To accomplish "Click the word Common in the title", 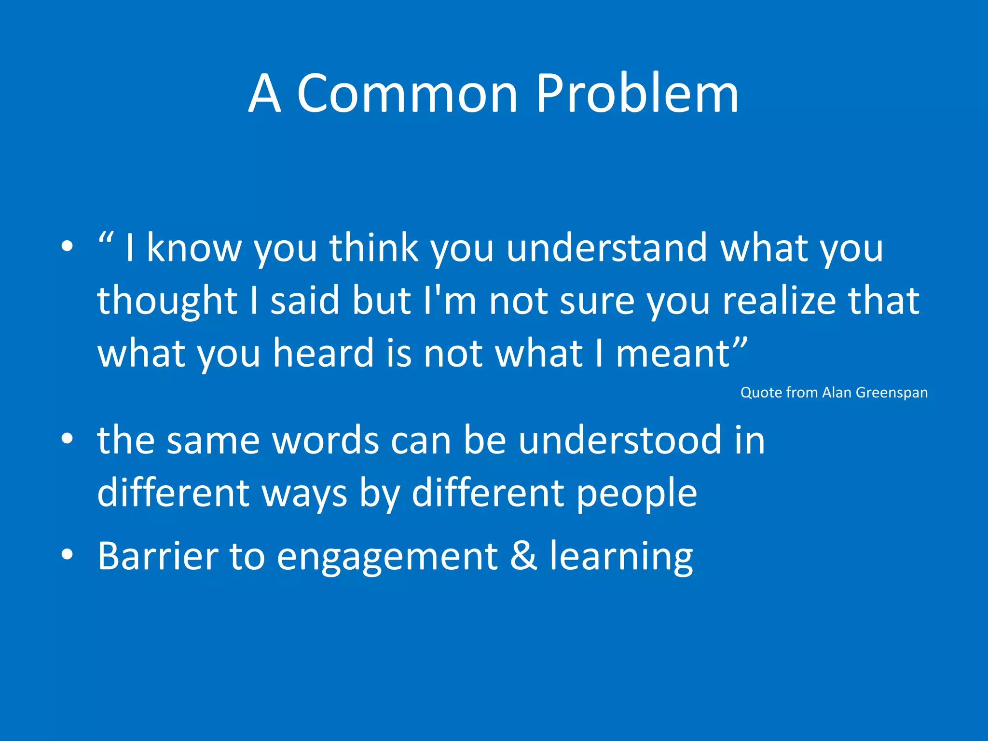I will click(408, 94).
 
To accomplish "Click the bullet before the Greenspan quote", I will click(67, 247).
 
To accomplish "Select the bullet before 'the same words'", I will click(67, 439).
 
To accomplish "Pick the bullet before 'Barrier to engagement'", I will click(67, 555).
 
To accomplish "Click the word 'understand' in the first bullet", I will click(606, 248).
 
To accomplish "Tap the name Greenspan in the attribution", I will click(892, 393).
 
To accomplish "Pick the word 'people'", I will click(637, 494).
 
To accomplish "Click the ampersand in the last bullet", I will click(523, 556).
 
